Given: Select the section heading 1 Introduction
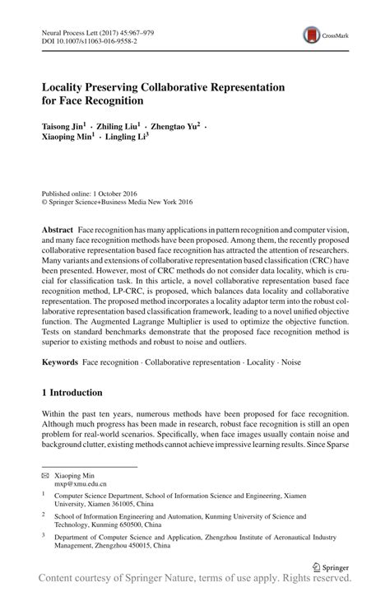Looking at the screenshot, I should coord(72,393).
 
